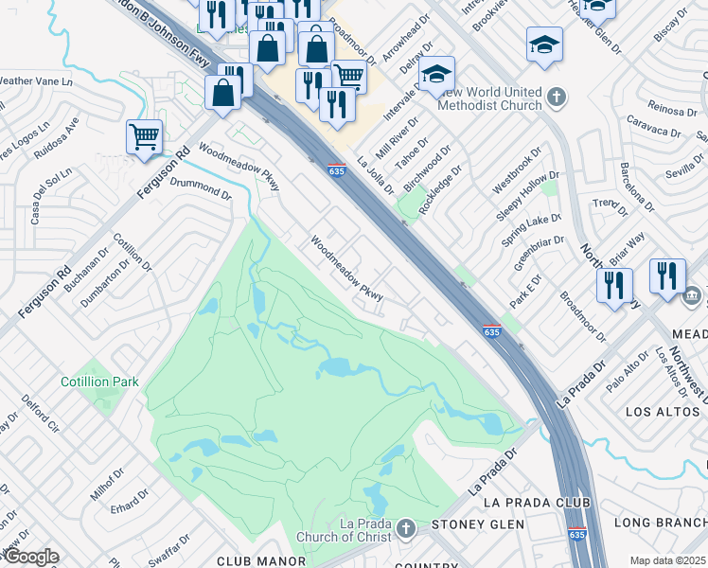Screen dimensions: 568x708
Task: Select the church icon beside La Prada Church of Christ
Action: point(406,527)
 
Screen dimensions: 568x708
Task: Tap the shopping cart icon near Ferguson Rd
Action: point(144,137)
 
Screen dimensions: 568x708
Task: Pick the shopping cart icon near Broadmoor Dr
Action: point(349,75)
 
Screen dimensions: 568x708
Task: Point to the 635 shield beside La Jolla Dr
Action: point(336,171)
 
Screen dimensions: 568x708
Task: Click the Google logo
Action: point(30,557)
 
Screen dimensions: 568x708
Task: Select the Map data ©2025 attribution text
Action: point(667,560)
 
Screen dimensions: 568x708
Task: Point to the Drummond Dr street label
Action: point(200,187)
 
